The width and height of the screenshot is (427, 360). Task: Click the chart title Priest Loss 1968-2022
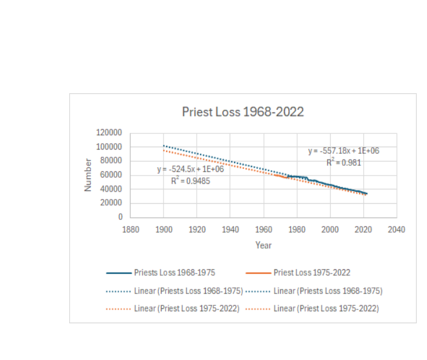click(243, 112)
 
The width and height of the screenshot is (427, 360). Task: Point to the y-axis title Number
click(88, 175)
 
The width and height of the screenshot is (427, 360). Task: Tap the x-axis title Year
click(263, 245)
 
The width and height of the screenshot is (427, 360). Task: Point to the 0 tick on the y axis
click(120, 217)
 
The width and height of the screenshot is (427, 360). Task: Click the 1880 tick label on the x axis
click(131, 230)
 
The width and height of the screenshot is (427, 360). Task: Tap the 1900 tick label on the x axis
click(164, 230)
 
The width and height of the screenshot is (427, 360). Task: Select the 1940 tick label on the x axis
click(230, 230)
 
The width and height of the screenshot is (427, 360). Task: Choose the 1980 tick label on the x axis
click(296, 230)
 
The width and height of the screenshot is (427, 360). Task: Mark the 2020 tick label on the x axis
click(363, 230)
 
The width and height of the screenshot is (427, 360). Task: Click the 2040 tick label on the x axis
click(396, 230)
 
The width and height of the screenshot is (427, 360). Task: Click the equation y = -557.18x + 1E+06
click(343, 151)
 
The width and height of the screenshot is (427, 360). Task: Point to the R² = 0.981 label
click(345, 162)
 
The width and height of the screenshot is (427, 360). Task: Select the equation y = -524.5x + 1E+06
click(191, 169)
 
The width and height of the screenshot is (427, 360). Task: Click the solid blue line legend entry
click(161, 273)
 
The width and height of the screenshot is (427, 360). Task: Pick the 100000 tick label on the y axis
click(109, 147)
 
